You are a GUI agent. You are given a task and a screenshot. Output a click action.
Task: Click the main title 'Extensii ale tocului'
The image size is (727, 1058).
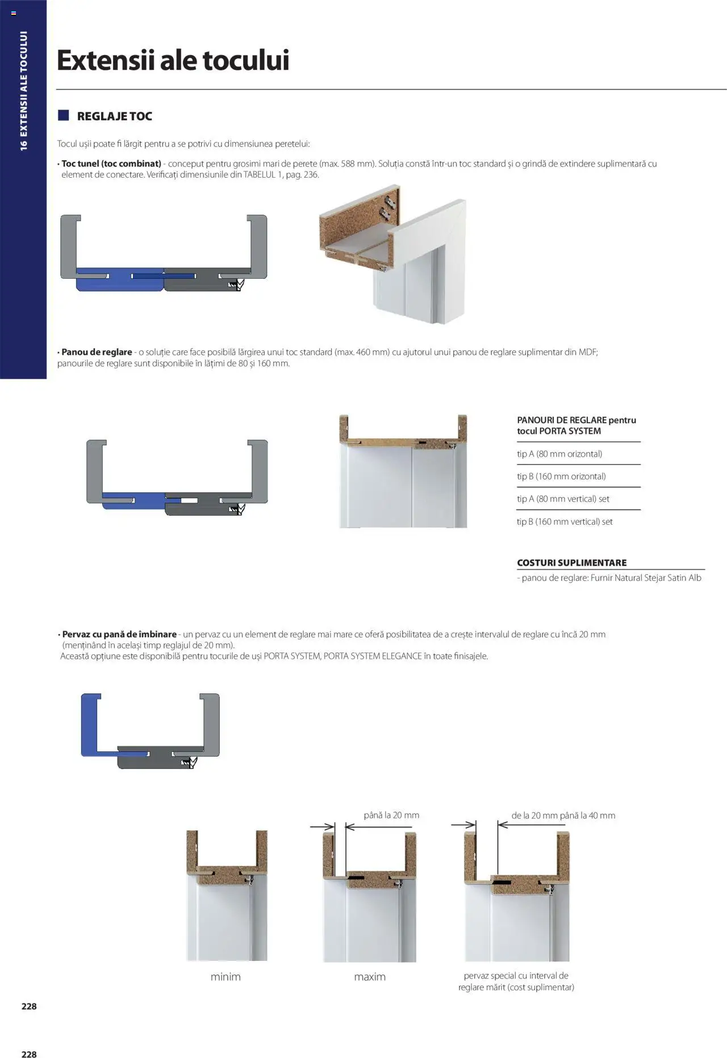coord(173,60)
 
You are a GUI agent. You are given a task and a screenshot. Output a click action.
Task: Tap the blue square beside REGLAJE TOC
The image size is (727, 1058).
coord(63,116)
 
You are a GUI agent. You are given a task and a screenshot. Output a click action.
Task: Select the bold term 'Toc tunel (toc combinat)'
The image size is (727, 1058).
coord(111,164)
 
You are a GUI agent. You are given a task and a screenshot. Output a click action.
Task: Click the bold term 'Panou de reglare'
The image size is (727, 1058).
coord(97,352)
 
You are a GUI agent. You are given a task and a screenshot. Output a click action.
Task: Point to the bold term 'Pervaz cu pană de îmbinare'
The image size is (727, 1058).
coord(119,634)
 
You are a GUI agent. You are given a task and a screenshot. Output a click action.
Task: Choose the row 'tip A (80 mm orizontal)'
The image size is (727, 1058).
coord(559,454)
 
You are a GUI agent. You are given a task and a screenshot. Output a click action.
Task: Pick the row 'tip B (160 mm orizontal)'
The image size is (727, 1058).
coord(561,476)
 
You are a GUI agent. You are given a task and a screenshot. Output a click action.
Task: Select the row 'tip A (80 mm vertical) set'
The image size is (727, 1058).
coord(563,499)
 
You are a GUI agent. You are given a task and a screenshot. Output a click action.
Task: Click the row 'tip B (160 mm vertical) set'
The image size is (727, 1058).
coord(565,521)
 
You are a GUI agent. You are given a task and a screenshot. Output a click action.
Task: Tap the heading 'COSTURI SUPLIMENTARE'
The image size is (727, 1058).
coord(571,563)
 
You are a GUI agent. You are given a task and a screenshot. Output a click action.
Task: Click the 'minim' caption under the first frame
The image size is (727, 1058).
coord(225,977)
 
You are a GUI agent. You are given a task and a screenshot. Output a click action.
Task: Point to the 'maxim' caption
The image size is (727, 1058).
coord(370,977)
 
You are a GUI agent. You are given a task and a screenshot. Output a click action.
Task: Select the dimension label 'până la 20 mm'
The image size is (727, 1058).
coord(391,815)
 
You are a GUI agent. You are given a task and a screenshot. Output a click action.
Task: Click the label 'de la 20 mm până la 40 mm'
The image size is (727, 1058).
coord(563,816)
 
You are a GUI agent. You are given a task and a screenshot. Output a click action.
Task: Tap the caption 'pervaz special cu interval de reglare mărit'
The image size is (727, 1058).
coord(516,981)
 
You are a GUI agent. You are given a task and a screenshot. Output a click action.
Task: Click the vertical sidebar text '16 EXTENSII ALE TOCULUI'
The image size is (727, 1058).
coord(23,91)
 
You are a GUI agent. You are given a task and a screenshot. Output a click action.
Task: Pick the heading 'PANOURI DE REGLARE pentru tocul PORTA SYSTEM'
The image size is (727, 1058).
coord(576,425)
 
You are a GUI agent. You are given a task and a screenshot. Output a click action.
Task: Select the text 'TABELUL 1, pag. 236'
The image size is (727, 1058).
coord(281,175)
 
